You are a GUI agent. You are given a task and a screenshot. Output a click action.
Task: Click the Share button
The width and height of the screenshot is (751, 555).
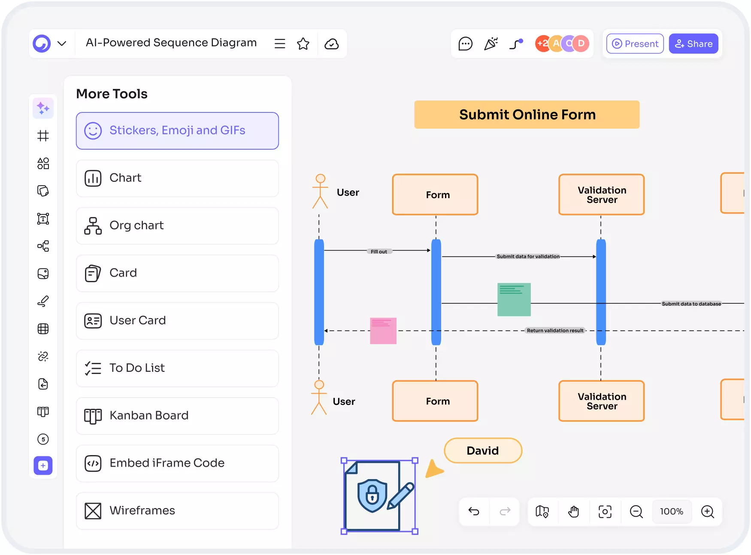693,44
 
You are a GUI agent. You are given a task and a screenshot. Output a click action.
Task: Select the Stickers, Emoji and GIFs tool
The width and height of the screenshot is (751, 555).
177,131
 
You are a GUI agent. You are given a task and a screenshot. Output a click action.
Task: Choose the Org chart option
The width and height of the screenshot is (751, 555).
177,226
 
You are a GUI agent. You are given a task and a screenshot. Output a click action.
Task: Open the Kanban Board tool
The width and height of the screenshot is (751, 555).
177,416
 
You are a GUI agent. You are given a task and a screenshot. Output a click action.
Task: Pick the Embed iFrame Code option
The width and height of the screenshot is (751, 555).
177,463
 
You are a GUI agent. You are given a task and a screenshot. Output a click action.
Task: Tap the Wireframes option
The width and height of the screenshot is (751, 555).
177,511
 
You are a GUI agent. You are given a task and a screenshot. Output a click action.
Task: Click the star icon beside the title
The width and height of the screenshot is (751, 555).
303,44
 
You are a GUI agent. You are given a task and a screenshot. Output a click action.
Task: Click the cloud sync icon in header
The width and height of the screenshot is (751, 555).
331,44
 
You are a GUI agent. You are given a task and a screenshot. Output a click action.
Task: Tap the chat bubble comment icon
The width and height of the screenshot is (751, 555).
465,44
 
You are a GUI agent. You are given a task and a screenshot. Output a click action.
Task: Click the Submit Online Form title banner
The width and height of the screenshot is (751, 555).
527,115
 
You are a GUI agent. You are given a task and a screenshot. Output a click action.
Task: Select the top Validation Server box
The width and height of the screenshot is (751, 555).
601,195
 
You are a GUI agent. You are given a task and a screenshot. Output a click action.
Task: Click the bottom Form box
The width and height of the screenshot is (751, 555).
435,401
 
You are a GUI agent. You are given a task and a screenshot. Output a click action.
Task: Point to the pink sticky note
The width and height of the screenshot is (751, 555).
383,331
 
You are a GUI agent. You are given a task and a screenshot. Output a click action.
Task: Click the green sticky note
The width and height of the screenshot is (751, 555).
514,299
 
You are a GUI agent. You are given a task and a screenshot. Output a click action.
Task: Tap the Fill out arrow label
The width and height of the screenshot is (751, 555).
379,252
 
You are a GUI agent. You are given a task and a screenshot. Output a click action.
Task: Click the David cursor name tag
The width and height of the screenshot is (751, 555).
483,450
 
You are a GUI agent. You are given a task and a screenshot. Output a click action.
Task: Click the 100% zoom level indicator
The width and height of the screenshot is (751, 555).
671,511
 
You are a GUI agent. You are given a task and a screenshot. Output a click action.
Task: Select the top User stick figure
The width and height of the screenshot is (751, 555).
320,191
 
